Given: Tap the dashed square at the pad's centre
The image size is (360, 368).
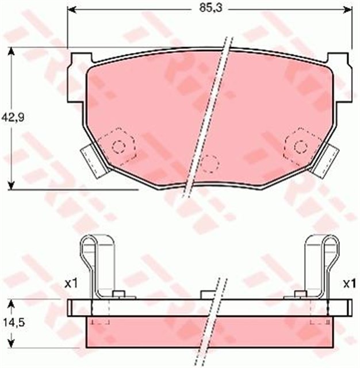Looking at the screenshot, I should [210, 163].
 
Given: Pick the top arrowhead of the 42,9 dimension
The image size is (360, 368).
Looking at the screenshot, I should [11, 51].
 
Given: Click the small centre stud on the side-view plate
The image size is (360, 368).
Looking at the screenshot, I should [207, 296].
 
